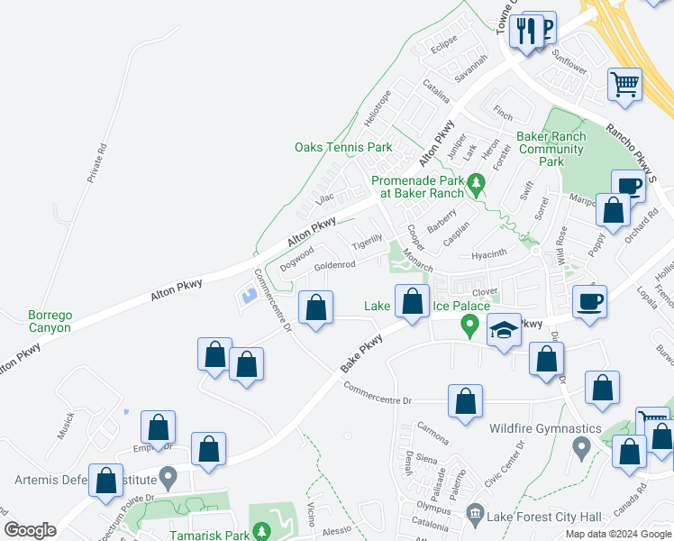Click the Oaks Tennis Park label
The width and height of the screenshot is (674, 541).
coord(343,147)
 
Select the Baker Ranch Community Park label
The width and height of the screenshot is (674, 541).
coord(551,149)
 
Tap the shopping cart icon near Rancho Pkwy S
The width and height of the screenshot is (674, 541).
coord(624,85)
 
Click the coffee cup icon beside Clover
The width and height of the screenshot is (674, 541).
coord(589,301)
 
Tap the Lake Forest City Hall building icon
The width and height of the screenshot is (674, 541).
coord(475,517)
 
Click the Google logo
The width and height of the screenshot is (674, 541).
coord(30,530)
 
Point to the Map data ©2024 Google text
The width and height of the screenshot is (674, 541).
coord(618,534)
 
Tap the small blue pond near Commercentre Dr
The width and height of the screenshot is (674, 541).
coord(247,295)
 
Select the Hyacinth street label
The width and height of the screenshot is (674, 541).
coord(490,255)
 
